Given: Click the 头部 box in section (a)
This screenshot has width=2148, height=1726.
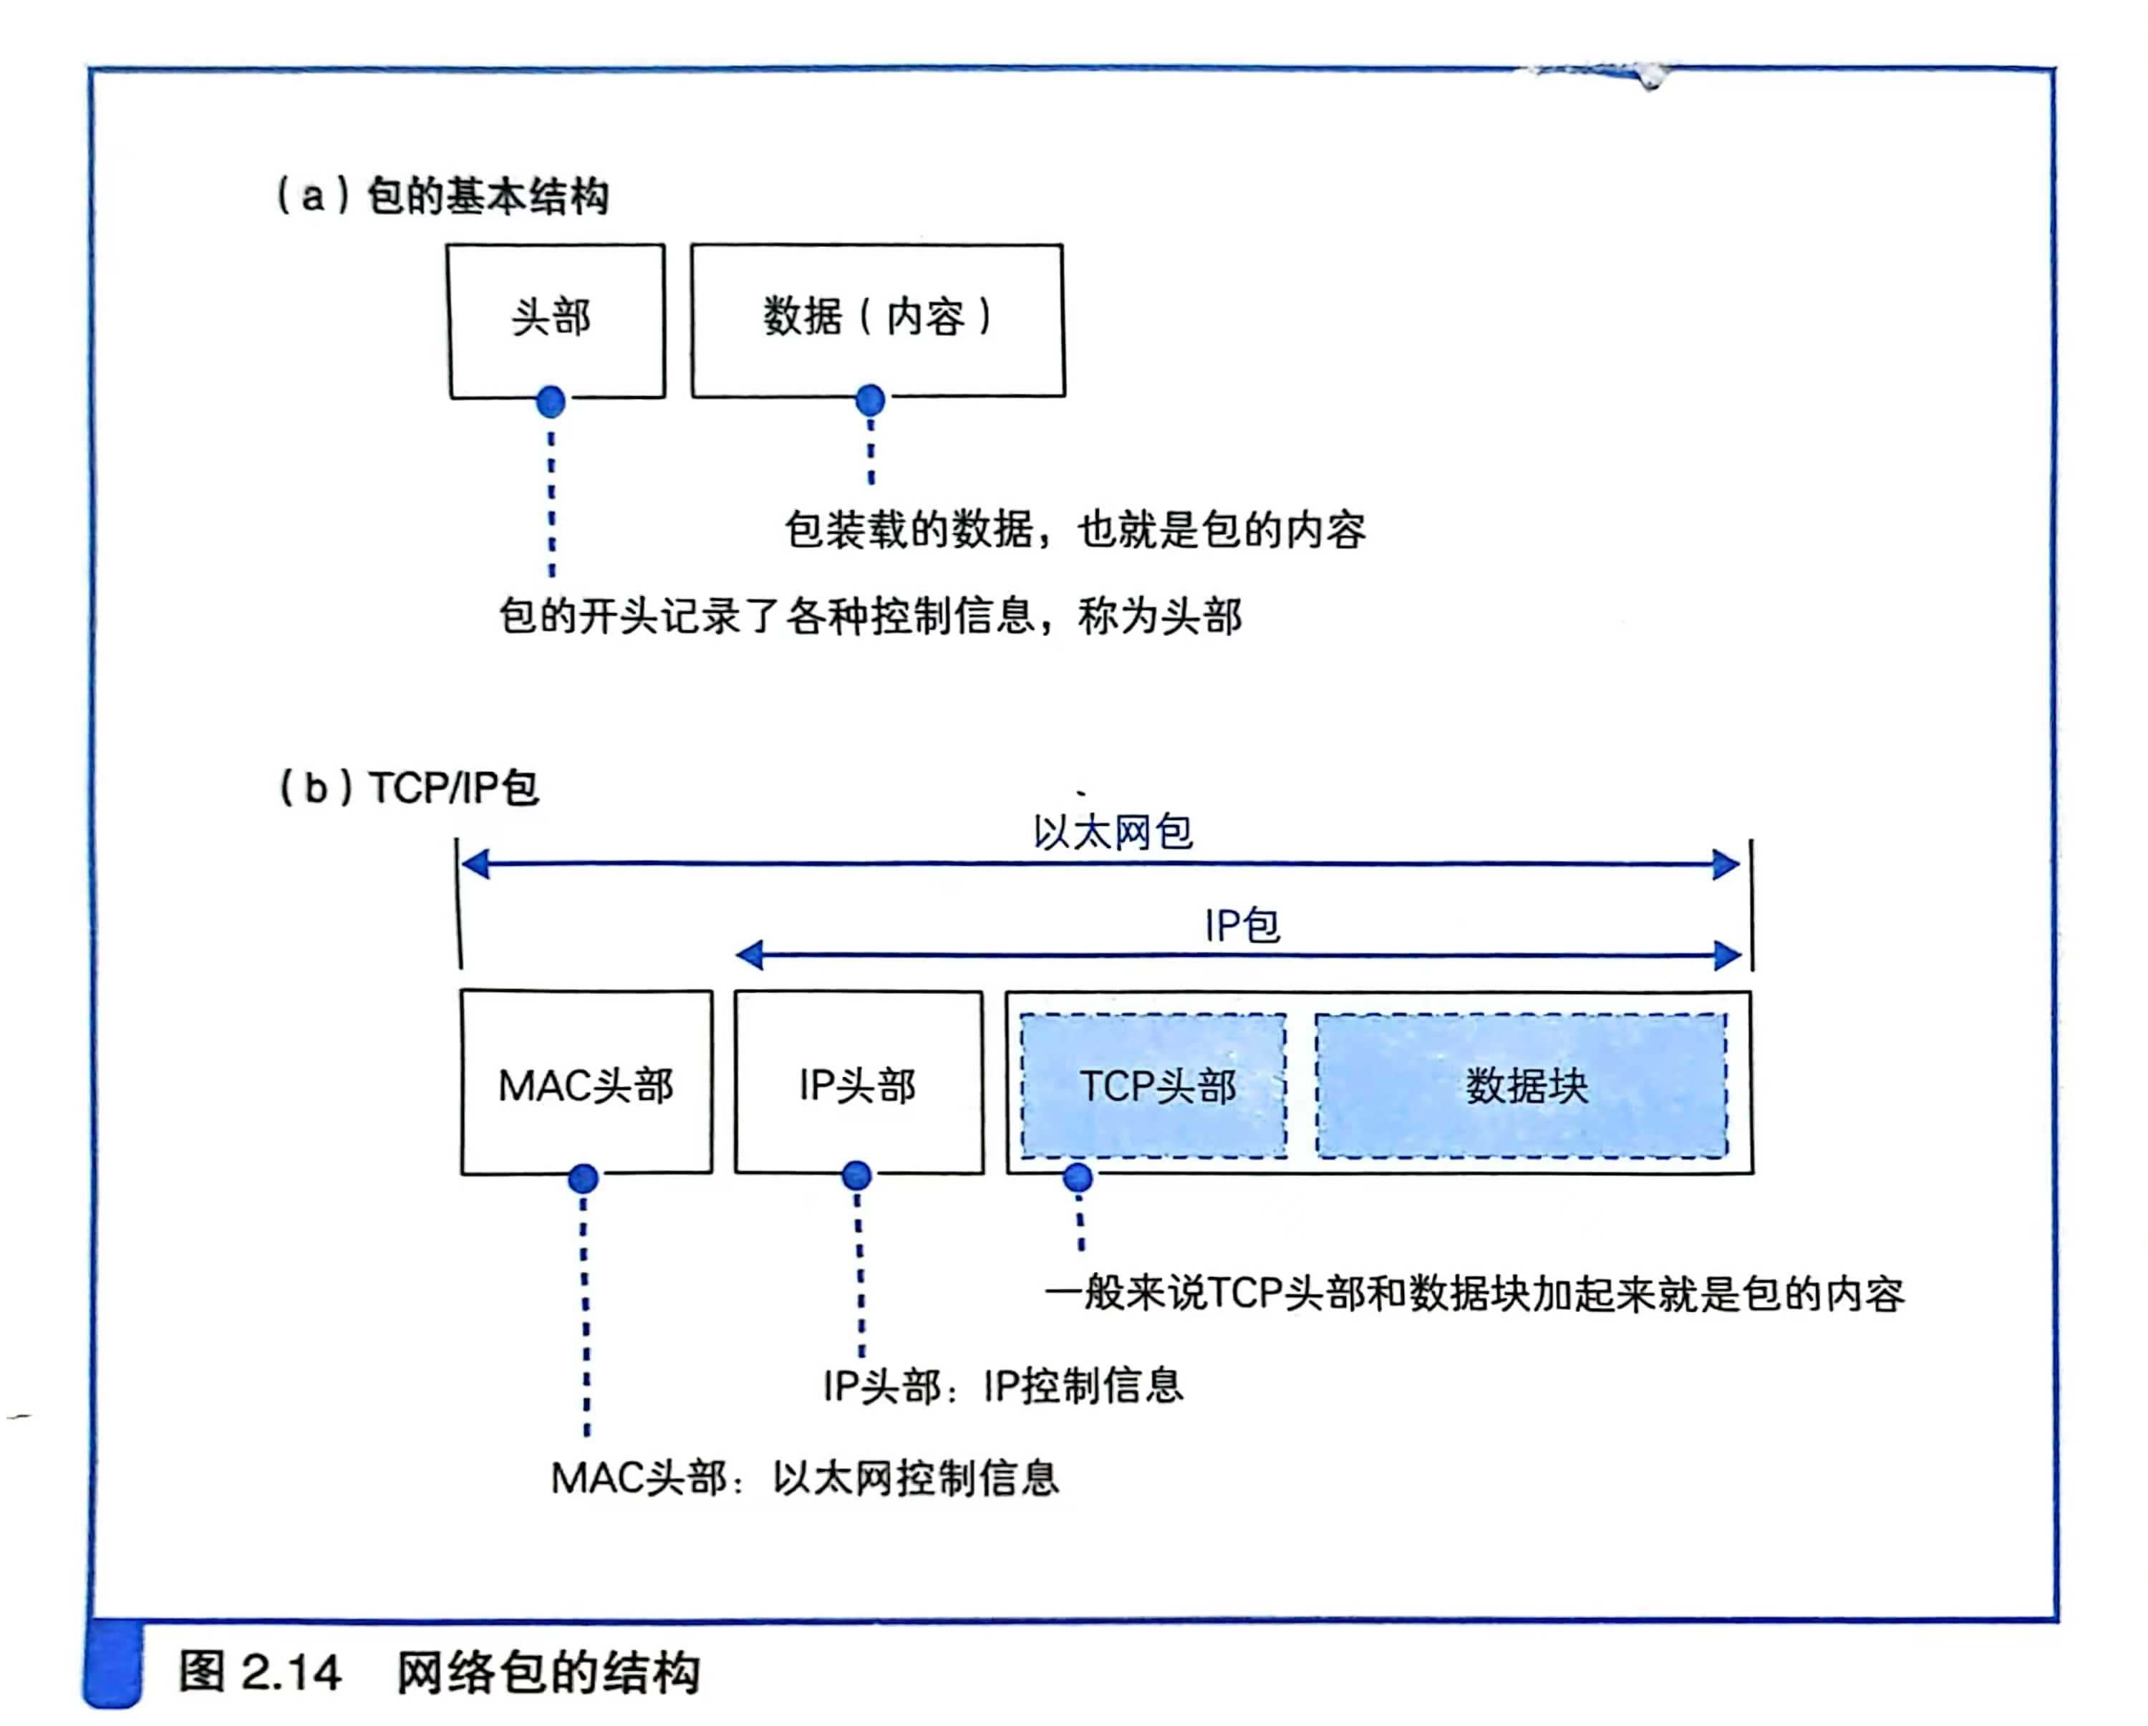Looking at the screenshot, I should coord(555,319).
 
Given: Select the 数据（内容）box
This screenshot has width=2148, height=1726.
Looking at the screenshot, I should coord(876,319).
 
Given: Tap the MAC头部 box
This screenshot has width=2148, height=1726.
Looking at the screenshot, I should coord(586,1084).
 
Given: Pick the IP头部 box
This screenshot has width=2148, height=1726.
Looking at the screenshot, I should coord(858,1084).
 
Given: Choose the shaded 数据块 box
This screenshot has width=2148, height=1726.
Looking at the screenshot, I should coord(1522,1086).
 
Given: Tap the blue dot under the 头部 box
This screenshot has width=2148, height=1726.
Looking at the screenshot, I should coord(550,402).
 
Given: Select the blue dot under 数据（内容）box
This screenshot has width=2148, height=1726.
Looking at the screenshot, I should coord(870,400).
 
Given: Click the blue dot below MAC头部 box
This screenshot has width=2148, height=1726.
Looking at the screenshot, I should coord(583,1179).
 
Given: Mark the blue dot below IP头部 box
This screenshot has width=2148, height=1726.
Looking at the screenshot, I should coord(857,1176).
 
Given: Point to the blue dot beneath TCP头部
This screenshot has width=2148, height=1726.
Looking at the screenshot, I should coord(1077,1178).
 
